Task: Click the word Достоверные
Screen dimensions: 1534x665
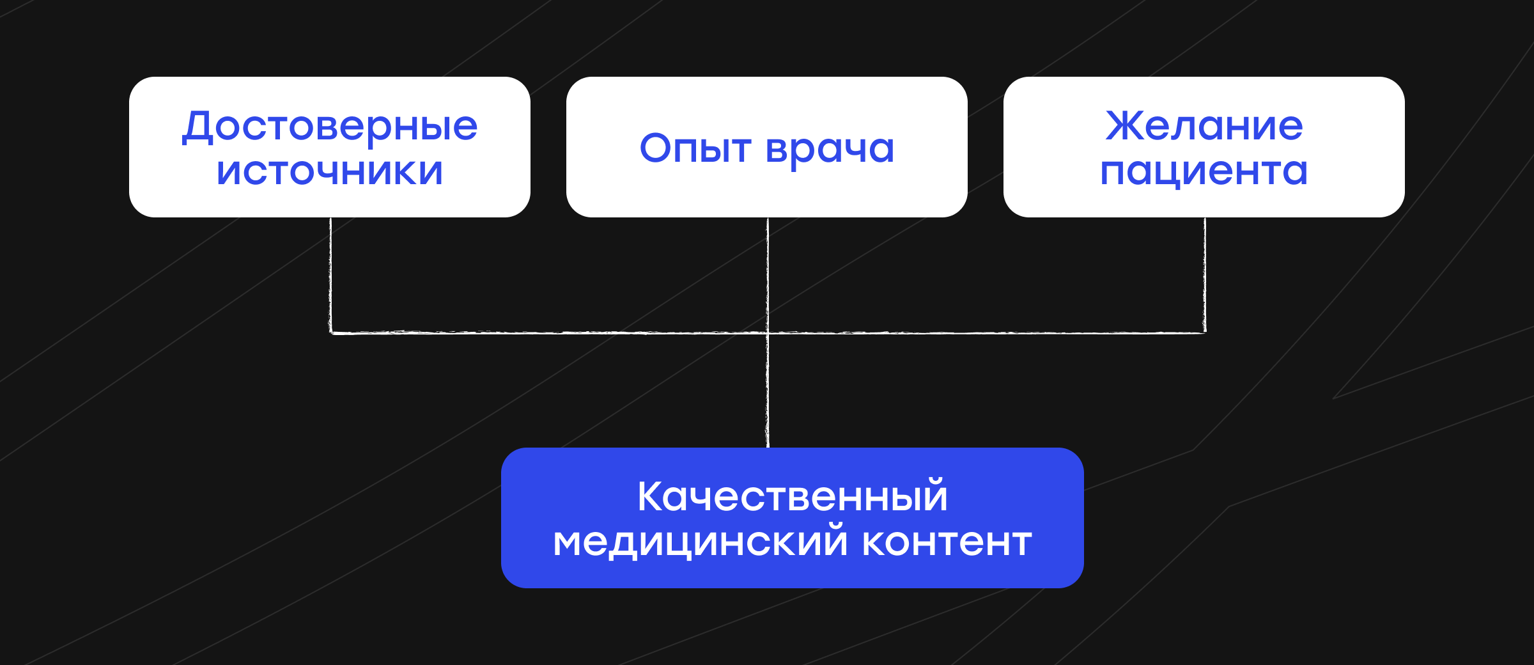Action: (330, 126)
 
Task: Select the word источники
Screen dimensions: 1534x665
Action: (330, 171)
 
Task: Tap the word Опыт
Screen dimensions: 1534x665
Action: (695, 148)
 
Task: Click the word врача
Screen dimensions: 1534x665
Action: (830, 150)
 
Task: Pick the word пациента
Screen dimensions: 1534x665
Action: (1204, 172)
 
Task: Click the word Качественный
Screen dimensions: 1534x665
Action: (793, 496)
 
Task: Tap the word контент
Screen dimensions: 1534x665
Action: (947, 542)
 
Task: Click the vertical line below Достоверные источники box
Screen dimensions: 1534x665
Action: (330, 275)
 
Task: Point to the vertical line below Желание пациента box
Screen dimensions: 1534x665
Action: (1205, 275)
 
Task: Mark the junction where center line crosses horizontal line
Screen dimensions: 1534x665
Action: (768, 332)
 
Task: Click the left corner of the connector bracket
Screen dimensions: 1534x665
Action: (330, 332)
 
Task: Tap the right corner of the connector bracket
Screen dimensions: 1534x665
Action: (1205, 332)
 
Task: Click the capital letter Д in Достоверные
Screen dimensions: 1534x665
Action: (197, 127)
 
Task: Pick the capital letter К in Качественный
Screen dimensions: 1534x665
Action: (652, 496)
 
